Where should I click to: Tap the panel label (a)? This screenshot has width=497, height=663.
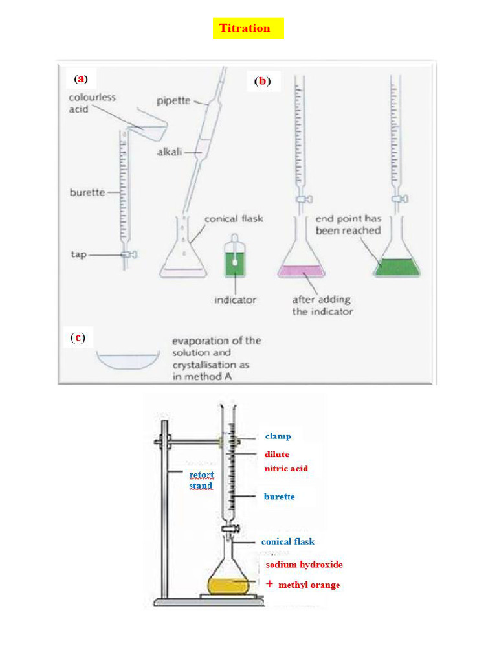pos(80,79)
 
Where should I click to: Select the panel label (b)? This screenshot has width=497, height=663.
pos(262,81)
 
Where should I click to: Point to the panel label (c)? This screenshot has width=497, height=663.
pos(78,337)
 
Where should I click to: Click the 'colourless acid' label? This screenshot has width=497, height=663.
pos(92,103)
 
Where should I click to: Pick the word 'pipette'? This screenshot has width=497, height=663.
pos(173,100)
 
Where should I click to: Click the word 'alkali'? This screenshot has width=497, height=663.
pos(170,152)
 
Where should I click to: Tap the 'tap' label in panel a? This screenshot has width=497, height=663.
pos(78,254)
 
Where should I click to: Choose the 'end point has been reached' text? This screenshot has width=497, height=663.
pos(348,224)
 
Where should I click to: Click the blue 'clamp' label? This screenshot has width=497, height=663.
pos(278,436)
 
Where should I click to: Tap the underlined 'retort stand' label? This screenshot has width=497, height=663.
pos(201,480)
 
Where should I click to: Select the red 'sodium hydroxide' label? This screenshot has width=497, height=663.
pos(304,565)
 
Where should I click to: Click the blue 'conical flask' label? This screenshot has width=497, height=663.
pos(287,541)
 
